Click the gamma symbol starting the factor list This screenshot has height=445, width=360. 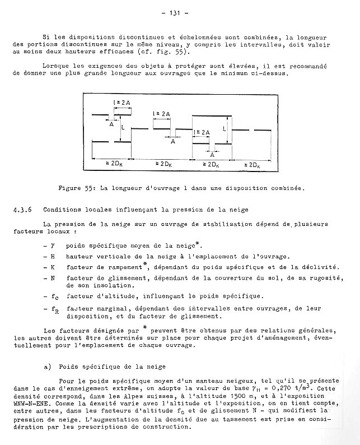53,245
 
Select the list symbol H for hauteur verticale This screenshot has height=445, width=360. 53,256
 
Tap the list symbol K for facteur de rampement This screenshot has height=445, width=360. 53,267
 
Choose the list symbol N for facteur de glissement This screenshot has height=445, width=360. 53,277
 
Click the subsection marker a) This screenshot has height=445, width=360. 47,367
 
